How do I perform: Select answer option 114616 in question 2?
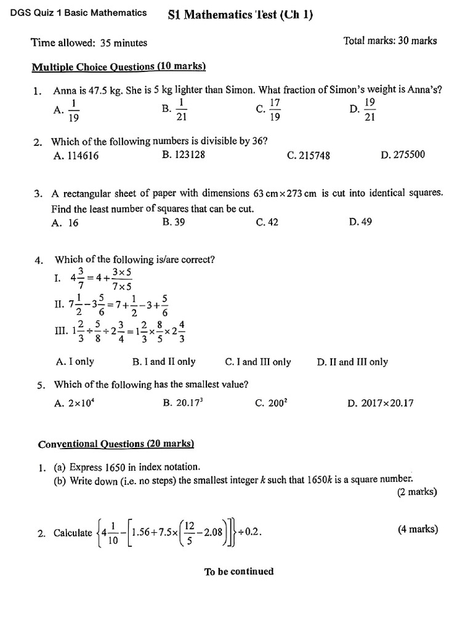coord(76,156)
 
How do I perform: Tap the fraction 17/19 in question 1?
coord(275,110)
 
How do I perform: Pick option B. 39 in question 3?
coord(174,222)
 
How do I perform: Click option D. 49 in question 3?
coord(360,222)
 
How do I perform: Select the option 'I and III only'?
coord(258,362)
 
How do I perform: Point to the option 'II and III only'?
coord(352,362)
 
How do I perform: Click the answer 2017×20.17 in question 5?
coord(380,404)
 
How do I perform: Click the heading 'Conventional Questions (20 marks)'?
coord(116,444)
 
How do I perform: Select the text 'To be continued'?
coord(239,572)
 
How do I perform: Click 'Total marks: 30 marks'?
coord(390,41)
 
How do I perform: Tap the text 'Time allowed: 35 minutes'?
coord(89,42)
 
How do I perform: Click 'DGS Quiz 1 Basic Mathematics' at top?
coord(75,12)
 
